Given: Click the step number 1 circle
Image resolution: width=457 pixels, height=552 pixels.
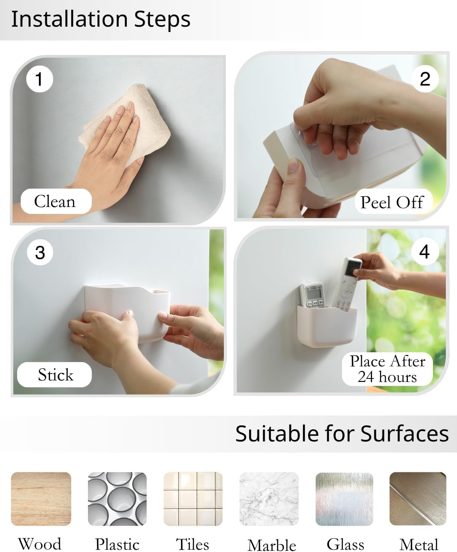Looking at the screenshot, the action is click(x=40, y=79).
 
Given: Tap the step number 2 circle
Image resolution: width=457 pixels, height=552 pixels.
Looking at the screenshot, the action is click(x=425, y=79).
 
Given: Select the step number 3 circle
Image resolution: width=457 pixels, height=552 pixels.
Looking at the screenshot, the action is click(x=40, y=252).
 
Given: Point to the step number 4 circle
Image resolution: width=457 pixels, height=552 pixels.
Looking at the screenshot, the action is click(x=425, y=252).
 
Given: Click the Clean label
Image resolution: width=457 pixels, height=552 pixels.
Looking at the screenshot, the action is click(x=56, y=201).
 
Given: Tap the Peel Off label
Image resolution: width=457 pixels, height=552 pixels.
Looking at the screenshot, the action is click(x=393, y=202).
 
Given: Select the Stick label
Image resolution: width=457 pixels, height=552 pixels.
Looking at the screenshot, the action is click(x=54, y=374).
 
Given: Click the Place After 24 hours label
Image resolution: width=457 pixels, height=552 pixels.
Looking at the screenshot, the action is click(x=387, y=369).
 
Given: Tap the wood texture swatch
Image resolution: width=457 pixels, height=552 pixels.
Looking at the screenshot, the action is click(x=41, y=499).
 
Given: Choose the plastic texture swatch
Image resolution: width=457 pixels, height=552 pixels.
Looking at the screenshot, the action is click(x=117, y=499).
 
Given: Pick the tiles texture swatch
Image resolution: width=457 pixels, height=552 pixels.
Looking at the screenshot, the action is click(x=193, y=499).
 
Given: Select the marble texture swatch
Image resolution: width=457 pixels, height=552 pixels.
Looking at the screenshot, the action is click(x=269, y=499).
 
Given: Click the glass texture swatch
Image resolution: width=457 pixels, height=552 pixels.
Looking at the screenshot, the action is click(x=345, y=499).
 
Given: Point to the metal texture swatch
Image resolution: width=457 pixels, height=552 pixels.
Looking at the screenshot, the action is click(x=418, y=499).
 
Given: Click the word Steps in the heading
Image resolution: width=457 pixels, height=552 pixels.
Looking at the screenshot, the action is click(x=162, y=19).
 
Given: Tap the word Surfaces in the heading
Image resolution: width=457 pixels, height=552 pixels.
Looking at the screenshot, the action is click(x=404, y=434).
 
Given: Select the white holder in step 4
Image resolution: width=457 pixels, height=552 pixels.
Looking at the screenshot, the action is click(x=327, y=325).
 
